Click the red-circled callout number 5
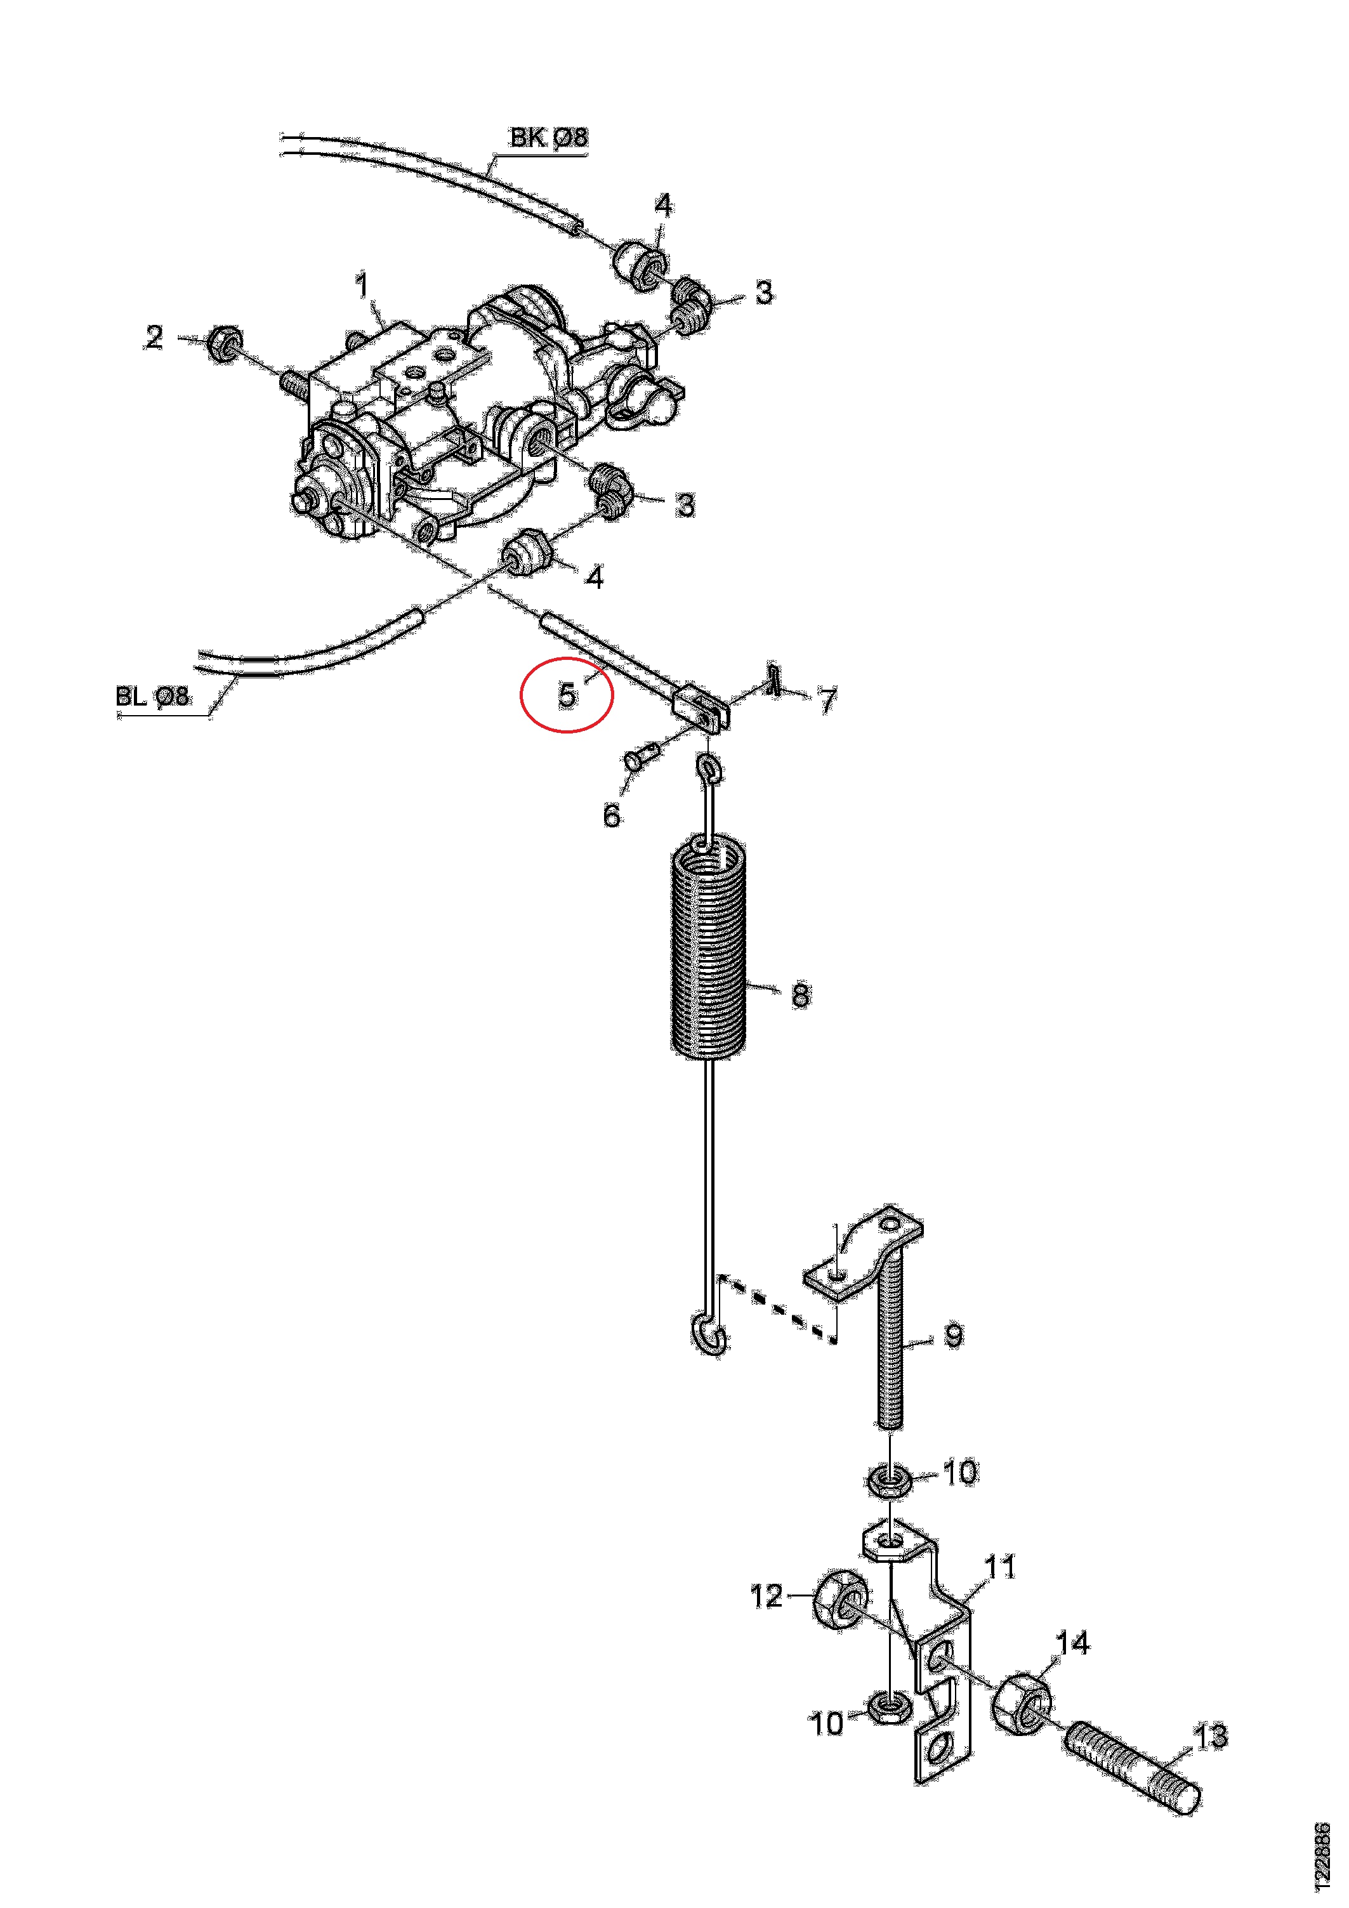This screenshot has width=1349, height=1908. (x=567, y=694)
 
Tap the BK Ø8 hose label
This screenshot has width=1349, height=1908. (x=549, y=137)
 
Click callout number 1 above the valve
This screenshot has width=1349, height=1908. (x=362, y=287)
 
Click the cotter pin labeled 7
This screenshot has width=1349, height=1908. (x=775, y=679)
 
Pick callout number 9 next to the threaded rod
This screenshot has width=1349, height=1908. (x=954, y=1336)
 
